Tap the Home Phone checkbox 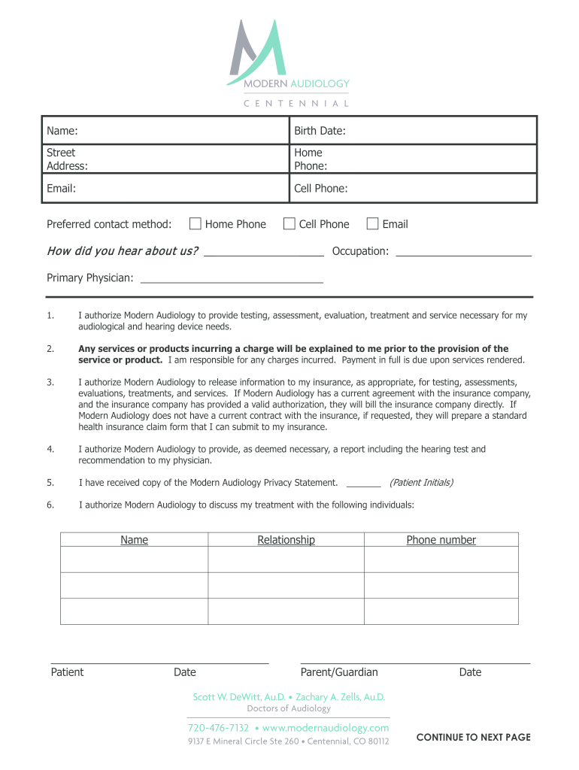point(196,223)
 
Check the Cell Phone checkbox point(289,223)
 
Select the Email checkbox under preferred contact point(372,223)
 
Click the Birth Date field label point(320,131)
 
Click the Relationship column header point(286,540)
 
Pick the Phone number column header point(441,540)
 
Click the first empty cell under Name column point(134,559)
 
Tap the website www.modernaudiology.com point(326,728)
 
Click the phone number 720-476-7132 point(218,728)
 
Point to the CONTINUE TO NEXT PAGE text point(473,737)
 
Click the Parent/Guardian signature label point(339,672)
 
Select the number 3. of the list point(50,382)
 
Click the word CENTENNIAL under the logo point(296,103)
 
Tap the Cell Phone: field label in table point(321,189)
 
